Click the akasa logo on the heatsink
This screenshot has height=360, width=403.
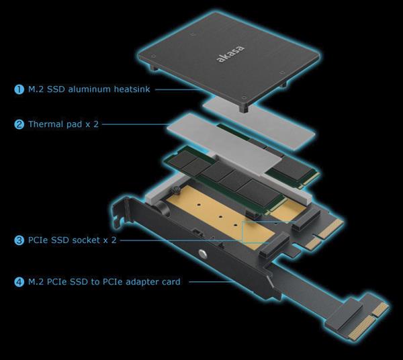pyautogui.click(x=230, y=54)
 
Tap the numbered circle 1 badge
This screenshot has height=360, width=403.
pyautogui.click(x=19, y=89)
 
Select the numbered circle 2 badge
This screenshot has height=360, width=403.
pyautogui.click(x=19, y=124)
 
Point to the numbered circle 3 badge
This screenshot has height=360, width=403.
pyautogui.click(x=19, y=240)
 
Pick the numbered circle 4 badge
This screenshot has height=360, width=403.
pyautogui.click(x=19, y=282)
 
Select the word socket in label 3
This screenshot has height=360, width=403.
pyautogui.click(x=86, y=240)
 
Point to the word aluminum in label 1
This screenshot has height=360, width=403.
pyautogui.click(x=90, y=89)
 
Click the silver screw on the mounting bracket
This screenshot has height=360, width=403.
pyautogui.click(x=203, y=253)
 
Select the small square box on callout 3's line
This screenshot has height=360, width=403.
pyautogui.click(x=255, y=232)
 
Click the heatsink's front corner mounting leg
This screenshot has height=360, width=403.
pyautogui.click(x=244, y=108)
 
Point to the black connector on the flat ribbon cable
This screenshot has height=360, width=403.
pyautogui.click(x=343, y=315)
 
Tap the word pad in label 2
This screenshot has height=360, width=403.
pyautogui.click(x=75, y=125)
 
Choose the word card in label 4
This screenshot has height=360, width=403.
pyautogui.click(x=171, y=282)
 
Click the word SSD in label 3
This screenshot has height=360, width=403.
pyautogui.click(x=60, y=240)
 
